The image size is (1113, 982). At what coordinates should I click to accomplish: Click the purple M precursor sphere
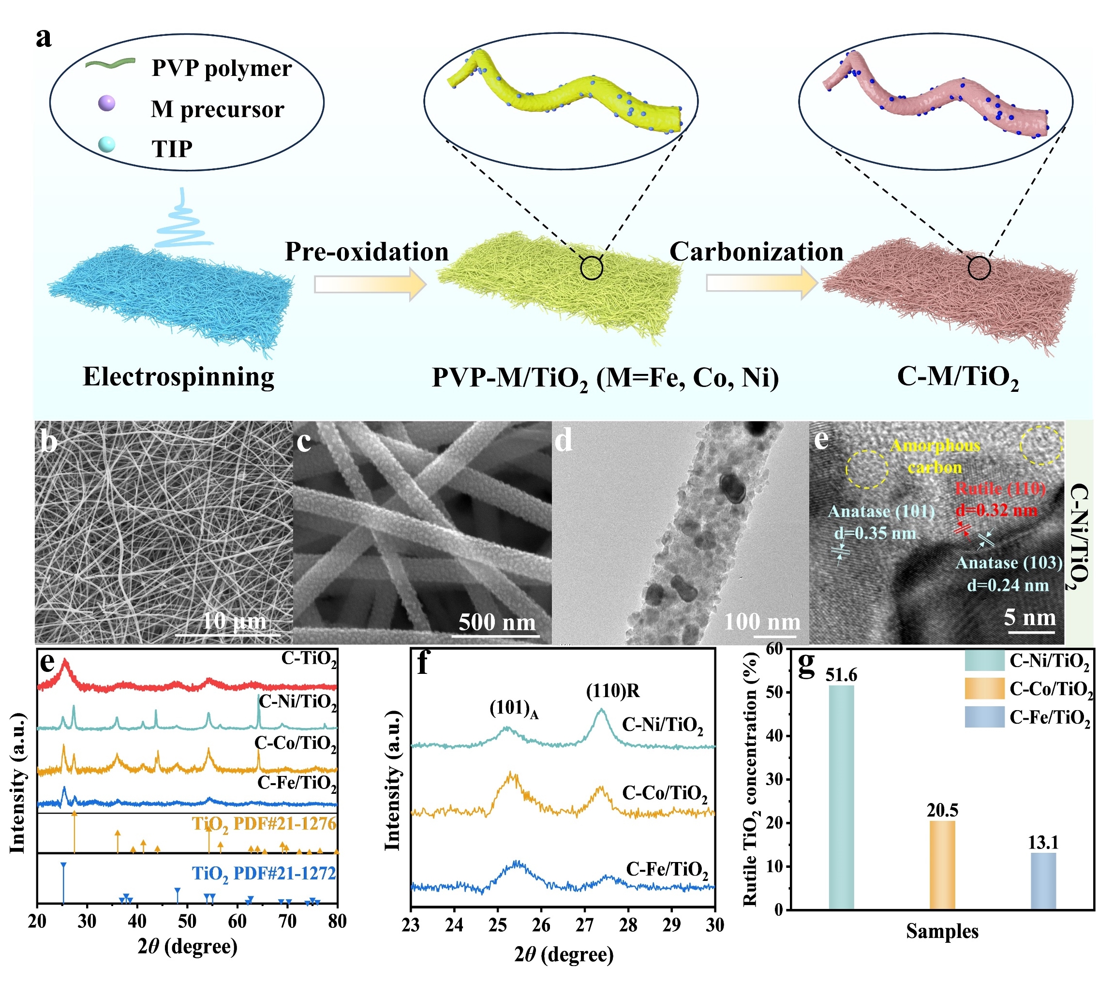(x=107, y=103)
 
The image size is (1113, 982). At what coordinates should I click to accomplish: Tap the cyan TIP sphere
(x=107, y=144)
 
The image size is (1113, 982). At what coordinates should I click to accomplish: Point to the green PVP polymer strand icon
(x=110, y=63)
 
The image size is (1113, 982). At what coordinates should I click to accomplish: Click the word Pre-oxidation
(x=367, y=252)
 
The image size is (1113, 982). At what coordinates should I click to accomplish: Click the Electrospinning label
(x=178, y=376)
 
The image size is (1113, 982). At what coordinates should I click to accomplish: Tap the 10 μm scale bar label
(x=234, y=621)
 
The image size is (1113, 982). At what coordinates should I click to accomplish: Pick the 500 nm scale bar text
(x=497, y=622)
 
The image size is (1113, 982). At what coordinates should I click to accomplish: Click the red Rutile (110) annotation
(x=1000, y=489)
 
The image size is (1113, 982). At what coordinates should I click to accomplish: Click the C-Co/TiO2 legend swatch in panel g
(x=983, y=688)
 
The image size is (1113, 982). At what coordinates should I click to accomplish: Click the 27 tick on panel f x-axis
(x=584, y=925)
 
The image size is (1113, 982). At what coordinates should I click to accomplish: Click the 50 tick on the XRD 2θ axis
(x=187, y=922)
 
